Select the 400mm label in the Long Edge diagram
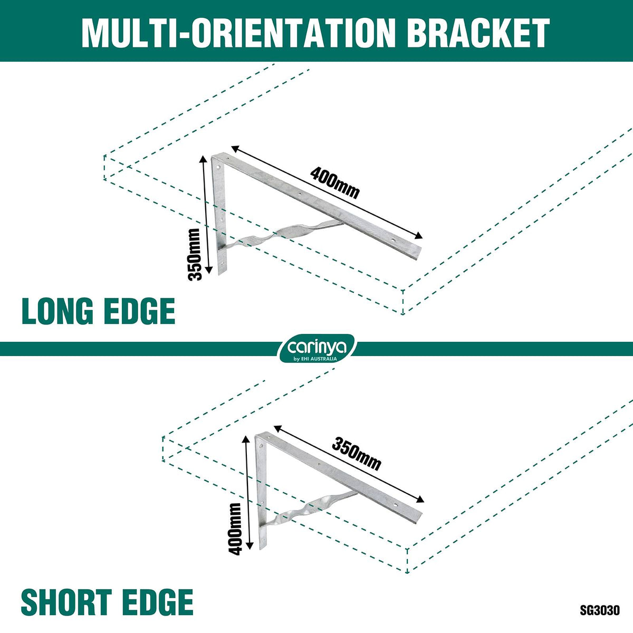click(x=335, y=183)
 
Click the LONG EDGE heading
click(x=98, y=311)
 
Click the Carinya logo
click(x=316, y=348)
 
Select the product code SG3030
click(x=599, y=610)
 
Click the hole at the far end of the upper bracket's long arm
click(x=393, y=241)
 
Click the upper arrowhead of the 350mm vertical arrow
click(x=204, y=160)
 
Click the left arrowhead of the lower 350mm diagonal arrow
click(x=278, y=428)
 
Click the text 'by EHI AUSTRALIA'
click(x=315, y=359)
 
